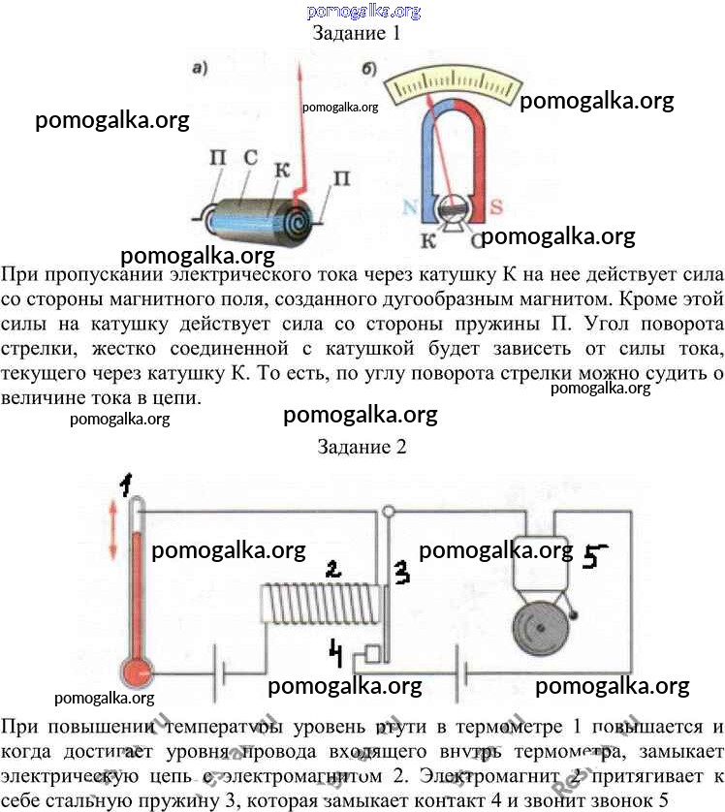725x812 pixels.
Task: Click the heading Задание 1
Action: pyautogui.click(x=356, y=33)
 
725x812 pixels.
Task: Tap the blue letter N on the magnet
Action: pyautogui.click(x=409, y=205)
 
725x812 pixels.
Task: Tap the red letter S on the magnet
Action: pyautogui.click(x=494, y=205)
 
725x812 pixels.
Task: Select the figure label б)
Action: pyautogui.click(x=369, y=70)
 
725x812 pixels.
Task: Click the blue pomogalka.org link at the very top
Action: pyautogui.click(x=363, y=11)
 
